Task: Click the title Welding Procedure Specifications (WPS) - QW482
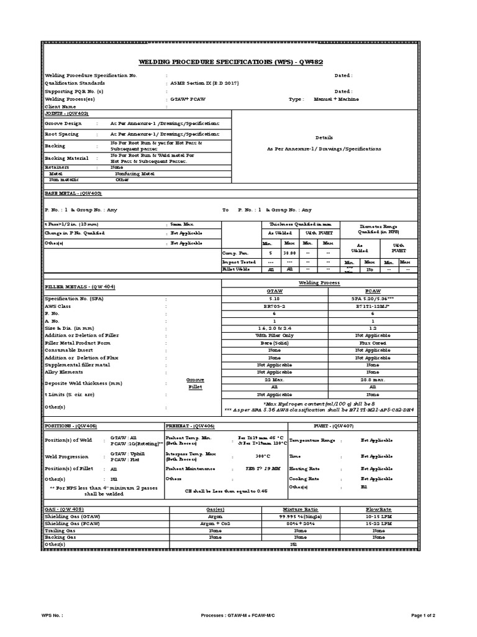[x=238, y=62]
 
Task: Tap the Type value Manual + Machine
[x=336, y=99]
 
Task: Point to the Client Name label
[x=60, y=107]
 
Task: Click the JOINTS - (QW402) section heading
[x=67, y=114]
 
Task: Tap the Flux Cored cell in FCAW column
[x=373, y=342]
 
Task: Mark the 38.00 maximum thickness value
[x=289, y=254]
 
